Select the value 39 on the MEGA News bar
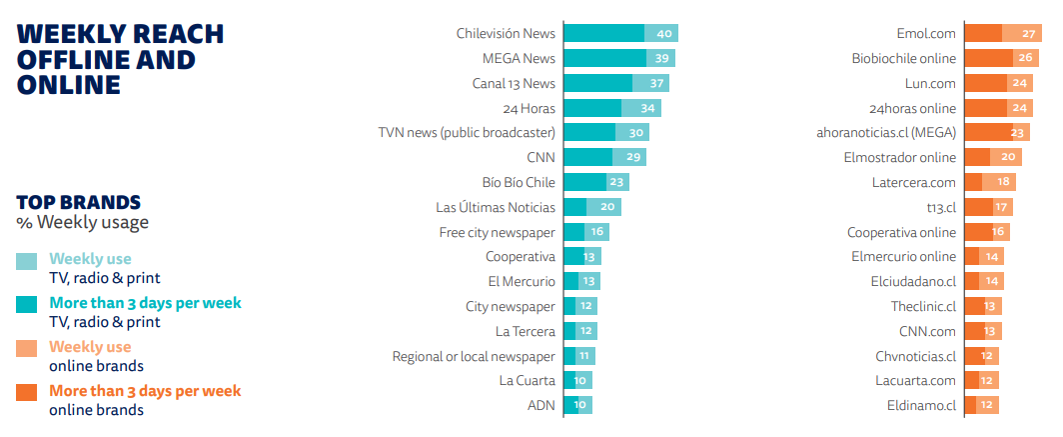(661, 58)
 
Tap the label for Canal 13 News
(514, 83)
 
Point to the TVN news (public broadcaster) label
(467, 132)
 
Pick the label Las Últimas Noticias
(496, 207)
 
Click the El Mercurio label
(522, 281)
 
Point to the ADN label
(541, 405)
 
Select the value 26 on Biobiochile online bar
(1026, 58)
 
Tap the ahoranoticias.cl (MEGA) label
(886, 132)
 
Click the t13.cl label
(941, 207)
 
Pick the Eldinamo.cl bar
(974, 405)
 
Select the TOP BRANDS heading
(78, 202)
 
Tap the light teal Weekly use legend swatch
(28, 261)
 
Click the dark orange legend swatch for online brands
(28, 392)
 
